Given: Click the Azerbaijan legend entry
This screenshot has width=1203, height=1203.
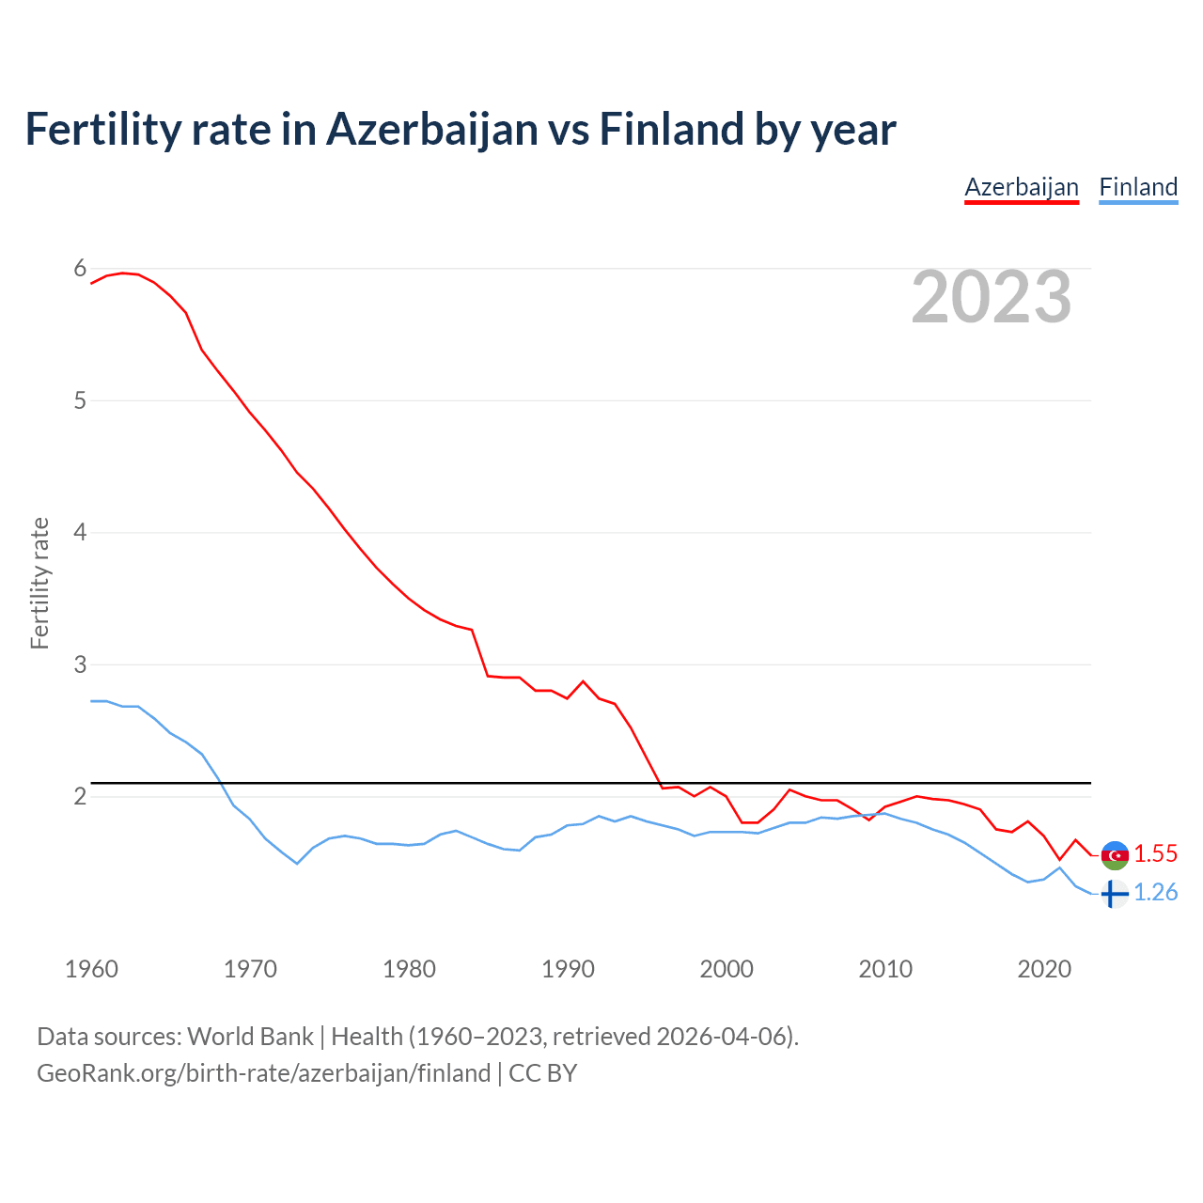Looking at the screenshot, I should click(x=1022, y=187).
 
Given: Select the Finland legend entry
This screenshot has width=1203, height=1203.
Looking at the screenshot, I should click(x=1138, y=187).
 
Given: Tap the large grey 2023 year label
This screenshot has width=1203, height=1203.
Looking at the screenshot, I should click(x=992, y=297).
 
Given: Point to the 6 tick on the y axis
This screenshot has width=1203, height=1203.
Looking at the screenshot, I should click(x=80, y=269).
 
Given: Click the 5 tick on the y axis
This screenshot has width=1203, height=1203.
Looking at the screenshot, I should click(x=80, y=400).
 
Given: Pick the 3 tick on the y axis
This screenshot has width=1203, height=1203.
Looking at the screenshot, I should click(x=80, y=664).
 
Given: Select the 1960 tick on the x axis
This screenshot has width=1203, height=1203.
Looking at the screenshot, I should click(x=91, y=969).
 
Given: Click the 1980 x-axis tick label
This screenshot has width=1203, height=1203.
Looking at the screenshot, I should click(x=409, y=969).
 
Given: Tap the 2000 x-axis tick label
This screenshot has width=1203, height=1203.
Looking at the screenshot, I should click(x=726, y=969).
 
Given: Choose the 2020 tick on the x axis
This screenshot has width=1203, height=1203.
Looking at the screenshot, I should click(x=1044, y=969).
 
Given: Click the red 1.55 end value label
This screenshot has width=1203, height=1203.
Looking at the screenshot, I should click(x=1155, y=853).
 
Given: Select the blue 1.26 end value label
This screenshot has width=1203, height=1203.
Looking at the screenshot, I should click(x=1155, y=892).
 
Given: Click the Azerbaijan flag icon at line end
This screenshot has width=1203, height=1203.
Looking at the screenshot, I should click(x=1115, y=855).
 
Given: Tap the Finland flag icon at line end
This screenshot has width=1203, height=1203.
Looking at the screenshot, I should click(x=1114, y=894).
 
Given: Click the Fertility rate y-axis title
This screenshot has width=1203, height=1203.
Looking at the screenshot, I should click(x=39, y=583).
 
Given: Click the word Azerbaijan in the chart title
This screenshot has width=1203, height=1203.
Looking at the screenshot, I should click(x=433, y=129).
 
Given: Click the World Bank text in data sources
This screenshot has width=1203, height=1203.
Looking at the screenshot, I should click(x=250, y=1037).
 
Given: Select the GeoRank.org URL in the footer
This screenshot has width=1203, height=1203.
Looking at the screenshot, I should click(x=263, y=1073).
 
